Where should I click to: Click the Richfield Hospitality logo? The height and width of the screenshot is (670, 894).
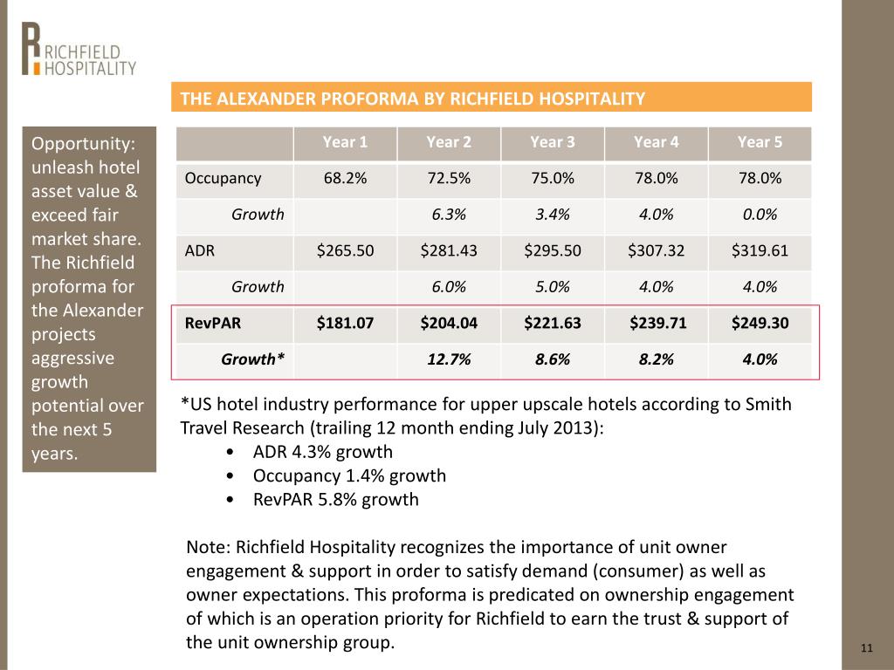click(79, 49)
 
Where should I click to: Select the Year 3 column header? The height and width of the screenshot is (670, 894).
click(553, 142)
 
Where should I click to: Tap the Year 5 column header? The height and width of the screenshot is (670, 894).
click(760, 142)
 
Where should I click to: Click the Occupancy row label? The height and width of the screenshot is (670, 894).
click(223, 178)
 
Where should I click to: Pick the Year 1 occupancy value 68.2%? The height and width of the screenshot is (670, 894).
click(345, 178)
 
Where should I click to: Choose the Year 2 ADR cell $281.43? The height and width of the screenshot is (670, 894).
click(449, 250)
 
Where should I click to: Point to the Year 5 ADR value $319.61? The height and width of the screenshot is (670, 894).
click(760, 250)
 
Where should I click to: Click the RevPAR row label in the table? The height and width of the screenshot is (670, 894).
click(213, 323)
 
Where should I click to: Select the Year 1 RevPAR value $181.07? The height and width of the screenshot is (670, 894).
click(345, 323)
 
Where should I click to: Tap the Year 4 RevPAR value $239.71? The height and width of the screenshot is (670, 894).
click(658, 323)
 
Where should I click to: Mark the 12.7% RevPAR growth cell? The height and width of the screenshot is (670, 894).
click(449, 359)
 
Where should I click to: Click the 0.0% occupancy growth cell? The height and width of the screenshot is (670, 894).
click(760, 215)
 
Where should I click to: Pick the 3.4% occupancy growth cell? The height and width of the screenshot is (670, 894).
click(553, 215)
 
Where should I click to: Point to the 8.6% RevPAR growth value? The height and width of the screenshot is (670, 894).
click(553, 359)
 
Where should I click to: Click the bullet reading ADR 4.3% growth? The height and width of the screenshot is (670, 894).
click(323, 452)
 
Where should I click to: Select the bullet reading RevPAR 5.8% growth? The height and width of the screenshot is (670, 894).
click(336, 500)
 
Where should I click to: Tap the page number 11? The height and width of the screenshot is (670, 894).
click(867, 648)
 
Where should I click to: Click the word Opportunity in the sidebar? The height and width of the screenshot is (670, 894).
click(83, 144)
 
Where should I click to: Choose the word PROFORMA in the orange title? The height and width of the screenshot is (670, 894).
click(369, 99)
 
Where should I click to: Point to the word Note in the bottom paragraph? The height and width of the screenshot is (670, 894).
click(208, 547)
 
